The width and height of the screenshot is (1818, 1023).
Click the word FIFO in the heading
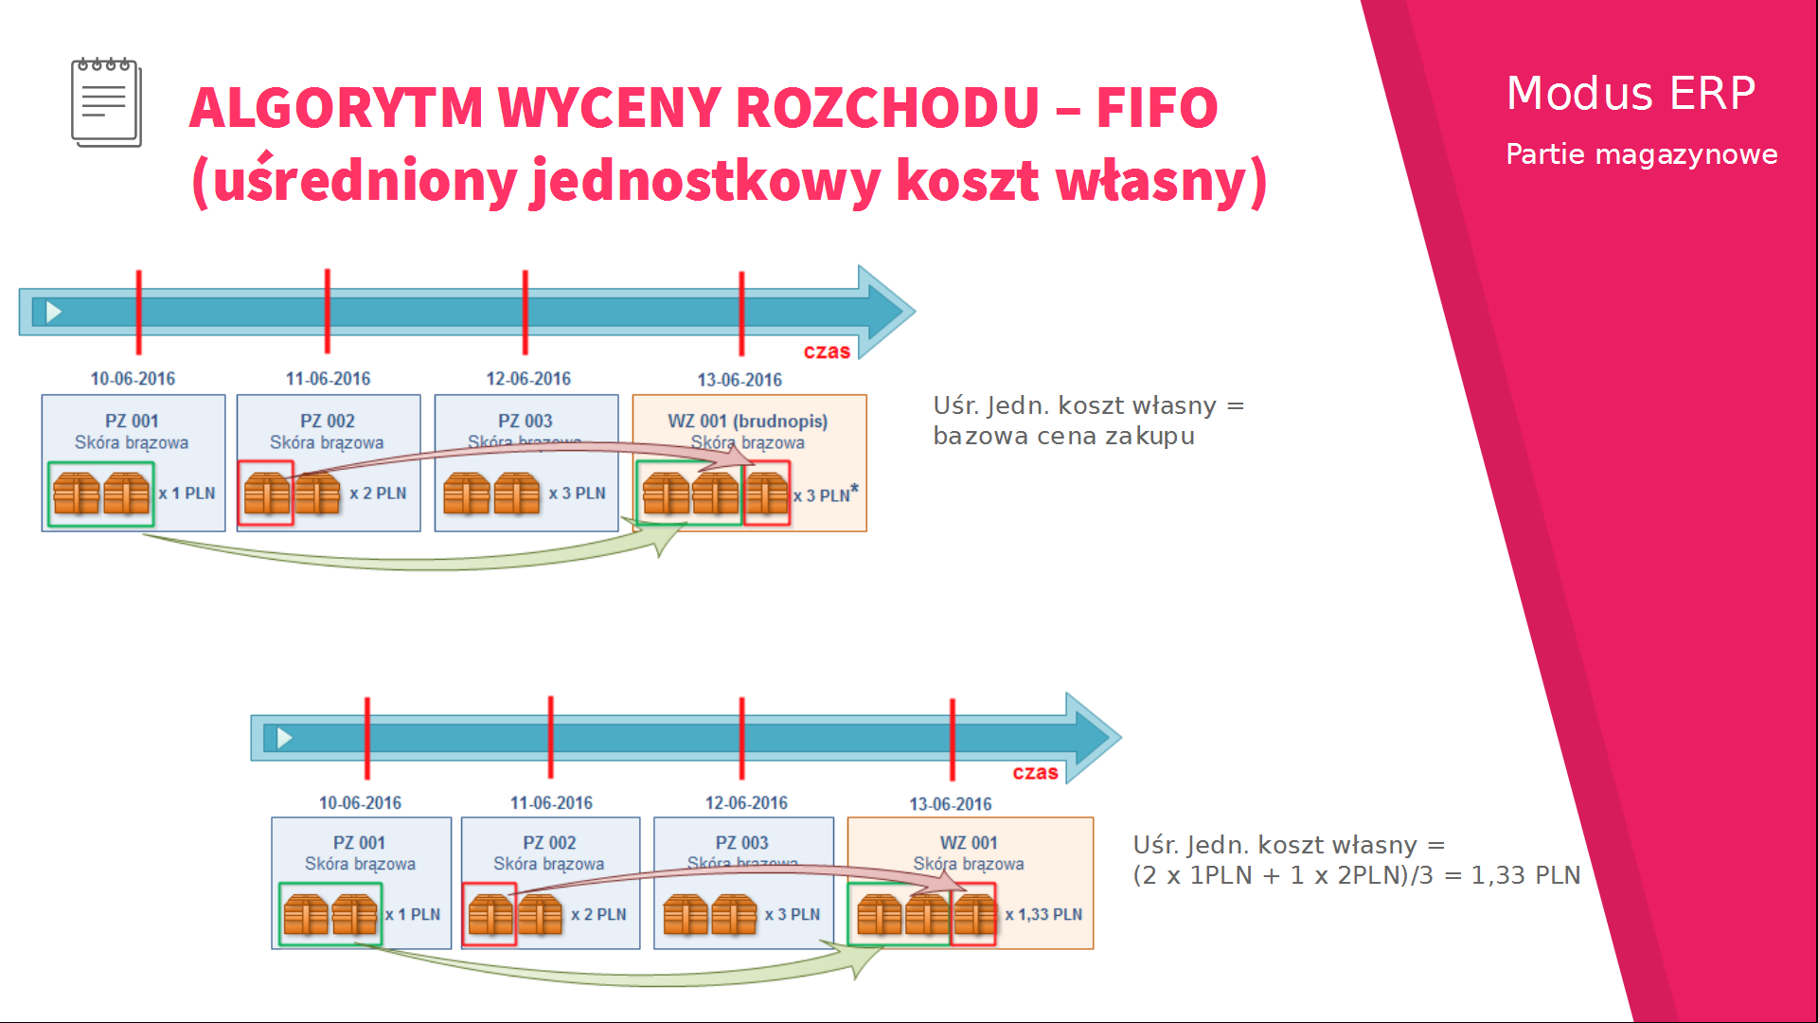[1156, 107]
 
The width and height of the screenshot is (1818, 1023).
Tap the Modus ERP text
[1631, 93]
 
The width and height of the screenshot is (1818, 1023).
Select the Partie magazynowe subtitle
[1641, 154]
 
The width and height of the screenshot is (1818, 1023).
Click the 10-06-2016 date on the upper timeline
[133, 379]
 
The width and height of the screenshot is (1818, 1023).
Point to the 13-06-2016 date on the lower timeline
[950, 804]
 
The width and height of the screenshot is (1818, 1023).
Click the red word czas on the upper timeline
[827, 351]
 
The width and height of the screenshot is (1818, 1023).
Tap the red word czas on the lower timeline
[1035, 773]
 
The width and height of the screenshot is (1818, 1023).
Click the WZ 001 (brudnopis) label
[747, 422]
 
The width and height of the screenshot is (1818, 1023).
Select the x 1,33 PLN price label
[1043, 915]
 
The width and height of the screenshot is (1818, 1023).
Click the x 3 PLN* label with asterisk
[826, 495]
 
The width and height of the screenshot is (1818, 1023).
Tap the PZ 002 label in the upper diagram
[328, 422]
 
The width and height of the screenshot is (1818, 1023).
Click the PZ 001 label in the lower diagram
[359, 843]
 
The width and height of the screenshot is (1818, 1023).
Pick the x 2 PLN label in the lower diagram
[598, 915]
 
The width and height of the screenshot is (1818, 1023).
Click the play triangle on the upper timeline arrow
[54, 312]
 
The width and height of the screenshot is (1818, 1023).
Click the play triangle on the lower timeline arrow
[284, 738]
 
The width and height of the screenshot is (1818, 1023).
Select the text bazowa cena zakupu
[1063, 437]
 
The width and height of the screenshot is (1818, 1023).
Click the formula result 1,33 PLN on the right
[1525, 876]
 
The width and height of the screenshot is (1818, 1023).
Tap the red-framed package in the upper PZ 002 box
[266, 494]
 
